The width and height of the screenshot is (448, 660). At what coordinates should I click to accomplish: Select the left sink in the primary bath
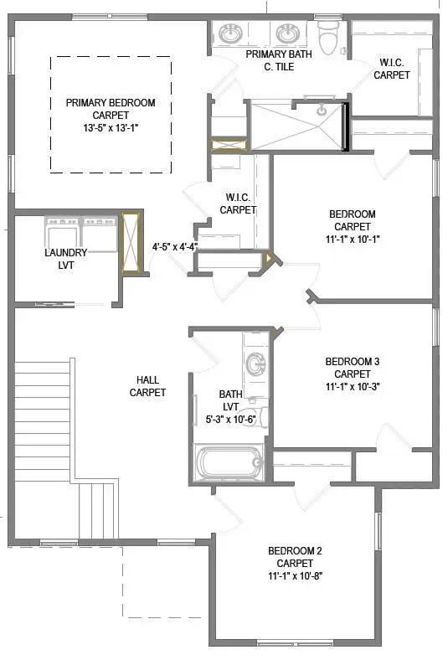[230, 34]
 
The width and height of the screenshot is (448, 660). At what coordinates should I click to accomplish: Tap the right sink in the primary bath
[288, 34]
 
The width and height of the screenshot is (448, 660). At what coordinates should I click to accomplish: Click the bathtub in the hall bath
[229, 462]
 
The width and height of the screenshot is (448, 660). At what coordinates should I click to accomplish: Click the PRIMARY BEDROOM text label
[111, 103]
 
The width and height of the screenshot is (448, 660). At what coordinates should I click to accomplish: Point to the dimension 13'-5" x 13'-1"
[111, 129]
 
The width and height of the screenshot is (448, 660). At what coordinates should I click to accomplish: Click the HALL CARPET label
[147, 386]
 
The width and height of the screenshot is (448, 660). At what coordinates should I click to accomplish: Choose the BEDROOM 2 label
[295, 550]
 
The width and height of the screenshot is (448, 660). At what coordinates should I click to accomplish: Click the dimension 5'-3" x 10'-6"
[230, 420]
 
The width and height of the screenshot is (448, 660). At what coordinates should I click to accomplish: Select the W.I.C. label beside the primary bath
[391, 62]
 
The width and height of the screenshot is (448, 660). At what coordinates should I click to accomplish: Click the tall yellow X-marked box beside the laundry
[130, 244]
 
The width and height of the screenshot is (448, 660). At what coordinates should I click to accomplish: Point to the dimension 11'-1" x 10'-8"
[295, 576]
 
